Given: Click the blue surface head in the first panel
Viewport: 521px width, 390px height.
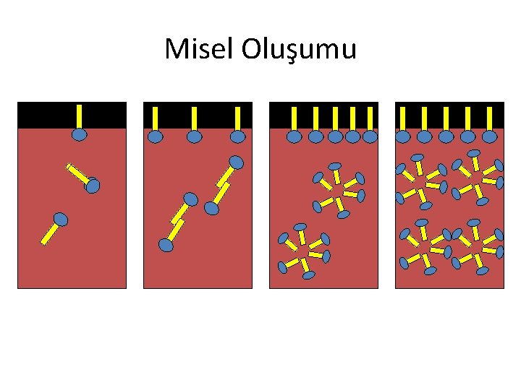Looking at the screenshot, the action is pyautogui.click(x=80, y=134).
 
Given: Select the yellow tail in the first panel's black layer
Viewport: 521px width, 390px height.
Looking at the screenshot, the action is pyautogui.click(x=80, y=116).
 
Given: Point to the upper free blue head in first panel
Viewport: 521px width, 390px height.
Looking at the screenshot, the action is pyautogui.click(x=92, y=186).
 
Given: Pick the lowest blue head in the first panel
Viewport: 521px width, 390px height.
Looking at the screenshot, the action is pyautogui.click(x=61, y=219).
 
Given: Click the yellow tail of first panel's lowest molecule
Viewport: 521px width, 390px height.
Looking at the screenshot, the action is pyautogui.click(x=50, y=233).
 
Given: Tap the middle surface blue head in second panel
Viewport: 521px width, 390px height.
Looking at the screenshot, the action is pyautogui.click(x=194, y=136).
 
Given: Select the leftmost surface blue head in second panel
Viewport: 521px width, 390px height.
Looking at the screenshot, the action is pyautogui.click(x=156, y=136).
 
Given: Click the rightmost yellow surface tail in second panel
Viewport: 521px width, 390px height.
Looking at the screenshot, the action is pyautogui.click(x=237, y=116).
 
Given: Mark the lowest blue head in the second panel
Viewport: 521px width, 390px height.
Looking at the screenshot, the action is pyautogui.click(x=166, y=246).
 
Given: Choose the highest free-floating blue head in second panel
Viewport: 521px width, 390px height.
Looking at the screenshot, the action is pyautogui.click(x=236, y=162).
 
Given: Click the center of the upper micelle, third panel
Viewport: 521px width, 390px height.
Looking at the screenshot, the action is pyautogui.click(x=339, y=190).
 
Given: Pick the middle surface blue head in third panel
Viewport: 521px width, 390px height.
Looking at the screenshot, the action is pyautogui.click(x=335, y=136).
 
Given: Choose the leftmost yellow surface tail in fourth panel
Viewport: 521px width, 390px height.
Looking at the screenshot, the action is pyautogui.click(x=403, y=116).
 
